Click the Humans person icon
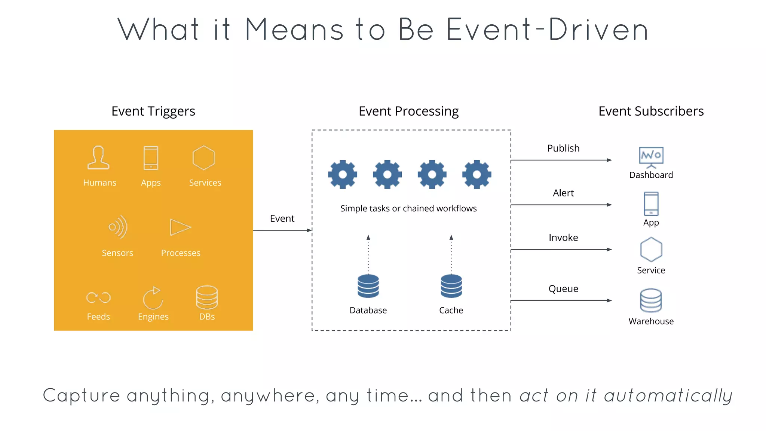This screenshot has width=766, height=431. pos(98,158)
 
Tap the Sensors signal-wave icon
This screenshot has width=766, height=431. pos(118,227)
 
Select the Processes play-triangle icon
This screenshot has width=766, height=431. pos(180,227)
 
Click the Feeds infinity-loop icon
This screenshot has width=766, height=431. pos(98,297)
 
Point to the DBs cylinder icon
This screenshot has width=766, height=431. pos(207,297)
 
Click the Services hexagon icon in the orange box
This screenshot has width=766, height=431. pos(204,158)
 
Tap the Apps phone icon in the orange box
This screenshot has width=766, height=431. pos(151,158)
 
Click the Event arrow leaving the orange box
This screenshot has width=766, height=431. pos(282,230)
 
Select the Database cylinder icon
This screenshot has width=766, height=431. pos(368,286)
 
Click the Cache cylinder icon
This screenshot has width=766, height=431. pos(451,286)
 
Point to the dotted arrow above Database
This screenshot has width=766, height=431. pos(368,254)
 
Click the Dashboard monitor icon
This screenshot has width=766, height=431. pos(651,157)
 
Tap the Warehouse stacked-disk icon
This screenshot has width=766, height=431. pos(651,300)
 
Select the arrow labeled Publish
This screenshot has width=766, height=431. pos(561,160)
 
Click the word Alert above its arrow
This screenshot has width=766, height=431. pos(563,193)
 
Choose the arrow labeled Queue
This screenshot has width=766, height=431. pos(561,300)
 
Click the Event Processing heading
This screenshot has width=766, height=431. pos(408,111)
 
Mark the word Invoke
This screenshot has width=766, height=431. pos(563,238)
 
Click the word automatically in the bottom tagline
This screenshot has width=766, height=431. pos(668,396)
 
